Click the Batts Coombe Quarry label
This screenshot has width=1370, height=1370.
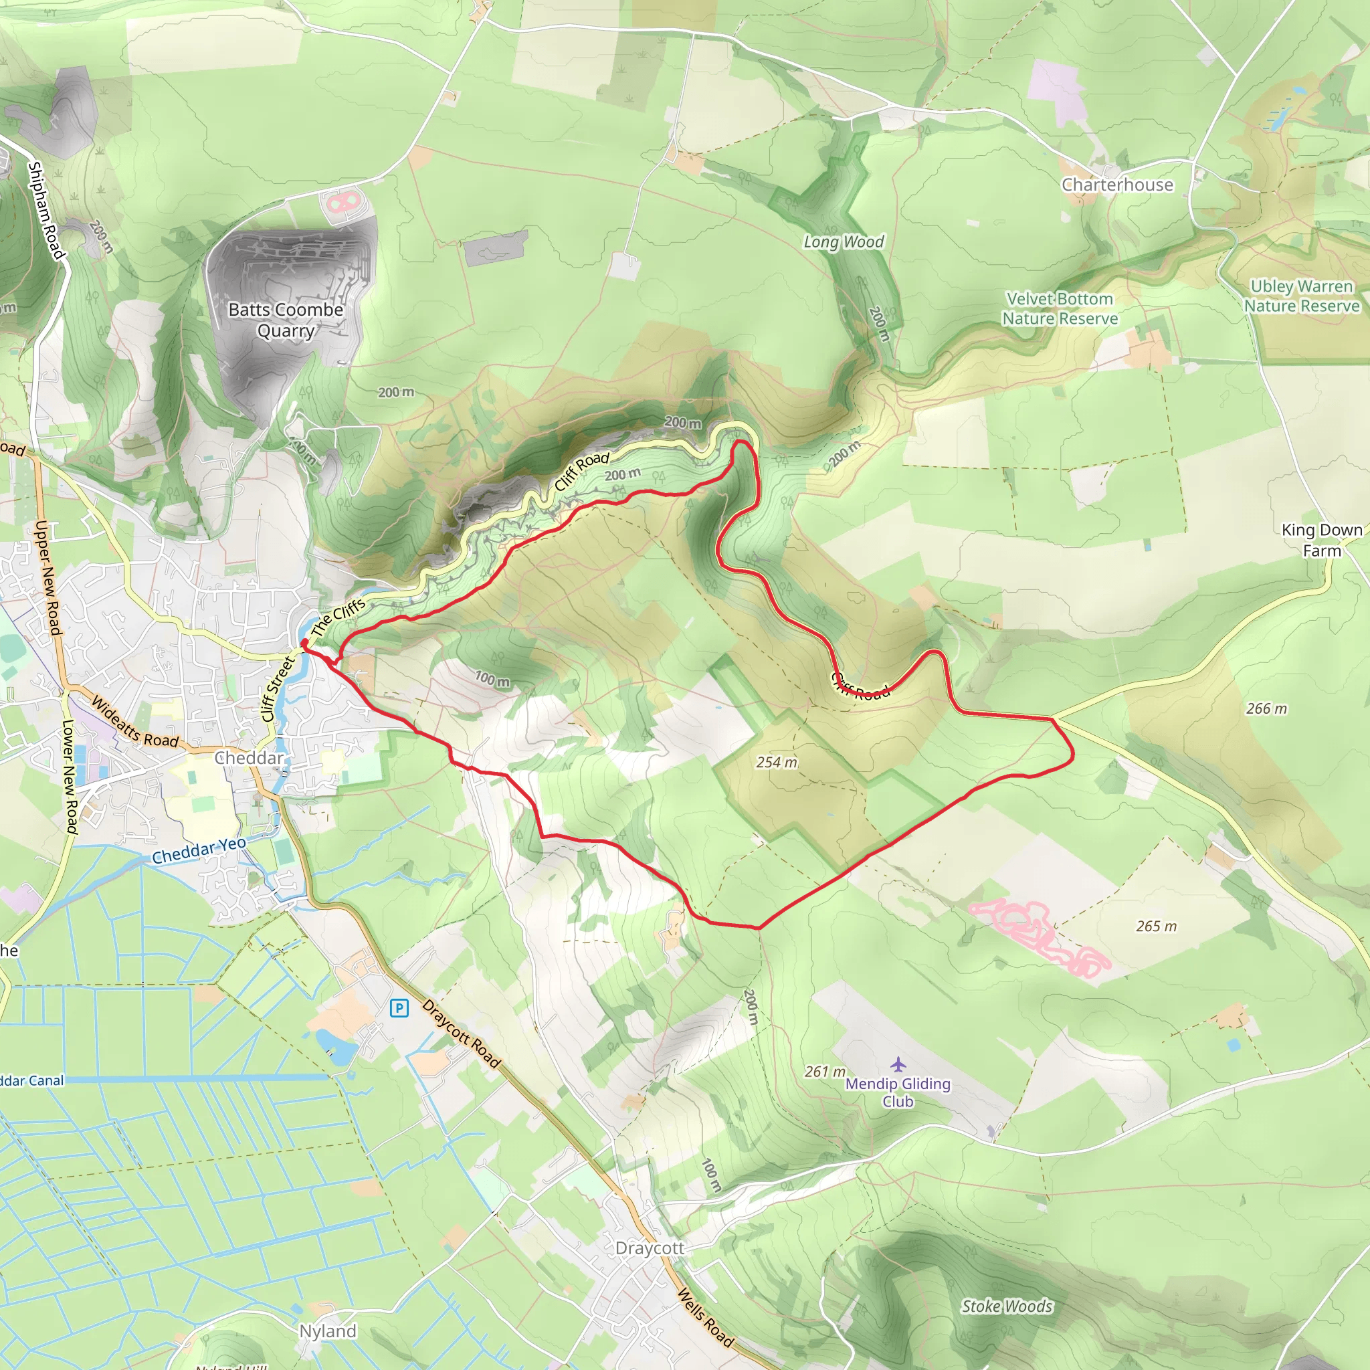pos(286,320)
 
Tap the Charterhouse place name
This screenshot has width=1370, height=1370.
pos(1117,185)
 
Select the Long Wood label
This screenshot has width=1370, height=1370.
pos(843,241)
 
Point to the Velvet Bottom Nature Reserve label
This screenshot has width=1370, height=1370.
pos(1060,308)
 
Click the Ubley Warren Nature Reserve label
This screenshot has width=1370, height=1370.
pos(1302,296)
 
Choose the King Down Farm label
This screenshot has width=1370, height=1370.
pos(1322,540)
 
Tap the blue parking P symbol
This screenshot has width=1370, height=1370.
pos(399,1007)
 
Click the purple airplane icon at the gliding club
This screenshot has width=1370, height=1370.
pos(898,1064)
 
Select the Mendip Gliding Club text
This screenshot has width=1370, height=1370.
pos(898,1092)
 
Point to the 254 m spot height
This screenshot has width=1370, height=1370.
pos(777,763)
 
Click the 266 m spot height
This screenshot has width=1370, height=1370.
pos(1266,708)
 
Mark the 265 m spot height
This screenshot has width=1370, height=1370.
pos(1157,926)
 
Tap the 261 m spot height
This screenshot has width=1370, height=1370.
pos(825,1072)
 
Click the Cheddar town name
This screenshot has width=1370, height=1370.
pos(249,758)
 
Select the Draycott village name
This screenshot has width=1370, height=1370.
pos(650,1248)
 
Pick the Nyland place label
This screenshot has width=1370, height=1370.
pos(328,1331)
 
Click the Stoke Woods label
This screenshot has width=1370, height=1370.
pos(1007,1306)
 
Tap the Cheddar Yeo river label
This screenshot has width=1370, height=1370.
pos(199,850)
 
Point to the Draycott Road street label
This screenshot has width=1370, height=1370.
pos(462,1034)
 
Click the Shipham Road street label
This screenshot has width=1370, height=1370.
pos(46,211)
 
